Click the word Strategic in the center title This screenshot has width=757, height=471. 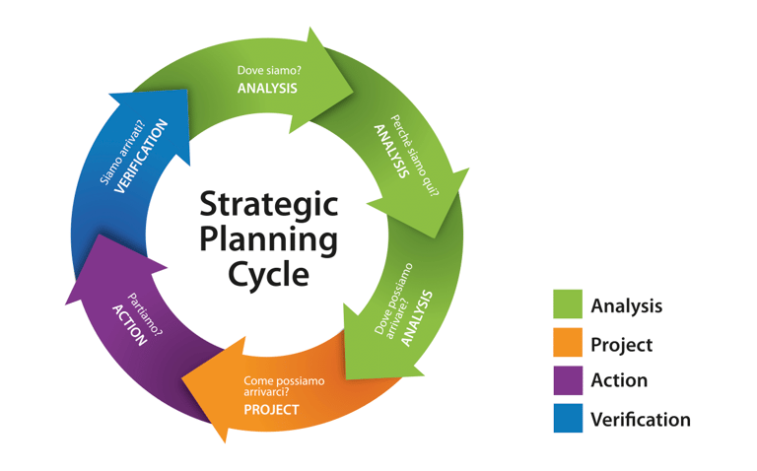point(269,205)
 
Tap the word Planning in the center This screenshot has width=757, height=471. point(269,239)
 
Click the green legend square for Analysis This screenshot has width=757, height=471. point(569,305)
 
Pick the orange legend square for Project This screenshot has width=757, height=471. point(569,344)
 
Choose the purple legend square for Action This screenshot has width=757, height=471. point(569,381)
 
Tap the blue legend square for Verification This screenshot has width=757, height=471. point(569,419)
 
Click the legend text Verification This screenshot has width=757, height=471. point(641,420)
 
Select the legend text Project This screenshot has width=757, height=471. point(621,344)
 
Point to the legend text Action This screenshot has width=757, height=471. point(619,381)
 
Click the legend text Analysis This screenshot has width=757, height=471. point(626,305)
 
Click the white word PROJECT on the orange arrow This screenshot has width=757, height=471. point(271,409)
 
